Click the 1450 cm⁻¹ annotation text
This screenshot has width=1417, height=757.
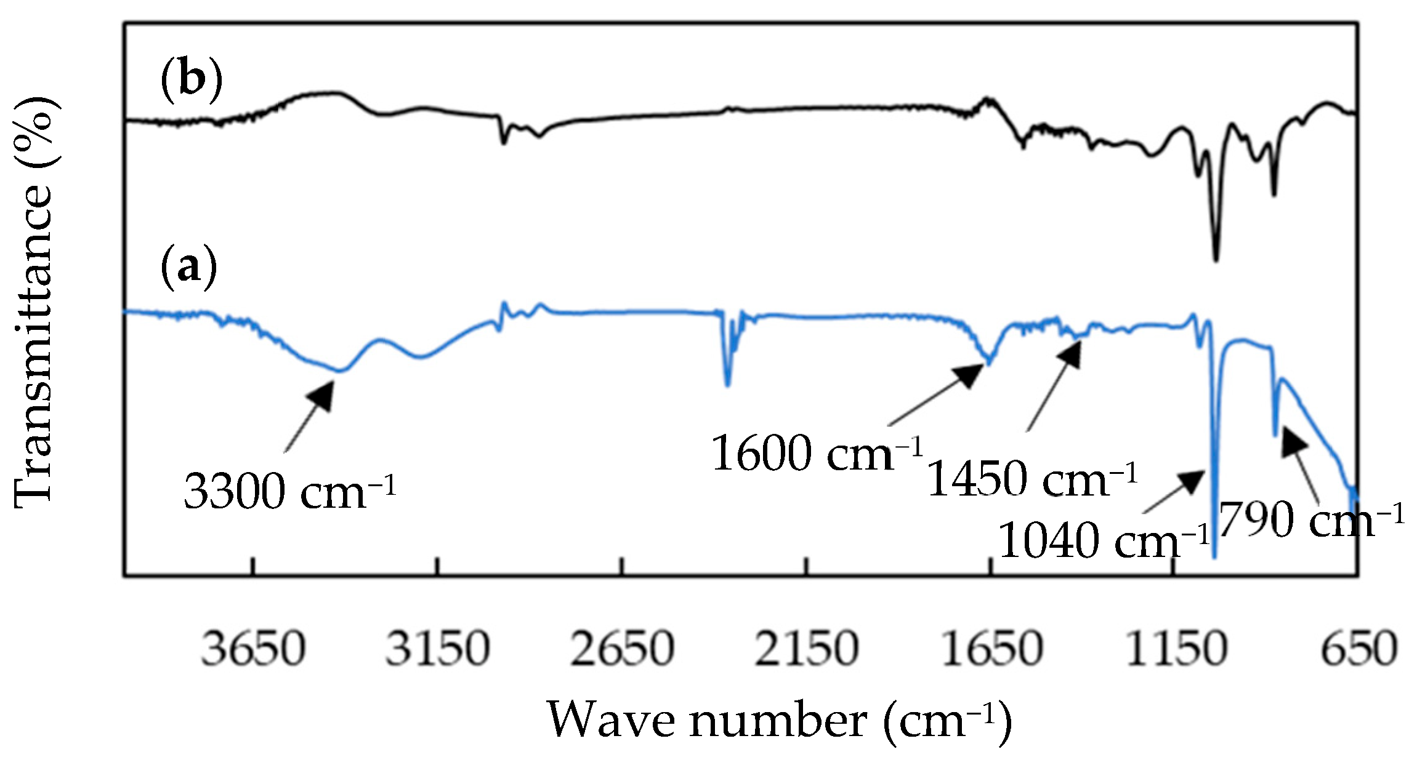click(x=1032, y=479)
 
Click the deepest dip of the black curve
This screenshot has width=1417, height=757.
click(x=1216, y=258)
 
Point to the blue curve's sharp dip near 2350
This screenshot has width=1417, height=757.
click(x=727, y=385)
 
